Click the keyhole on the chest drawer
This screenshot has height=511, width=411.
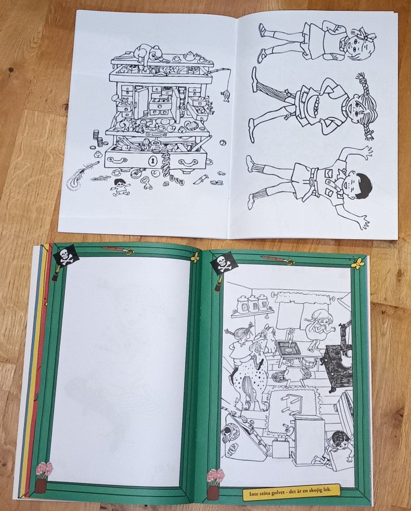[152, 161]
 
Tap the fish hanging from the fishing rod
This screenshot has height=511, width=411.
[226, 96]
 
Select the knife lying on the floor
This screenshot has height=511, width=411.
[201, 179]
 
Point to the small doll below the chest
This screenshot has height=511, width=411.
[120, 187]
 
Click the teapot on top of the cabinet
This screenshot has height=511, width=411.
[189, 57]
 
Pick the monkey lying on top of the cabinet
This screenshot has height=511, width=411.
[148, 52]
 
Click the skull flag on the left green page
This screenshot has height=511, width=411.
[66, 256]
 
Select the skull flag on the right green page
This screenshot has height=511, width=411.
[224, 263]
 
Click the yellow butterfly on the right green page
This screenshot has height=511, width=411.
[358, 263]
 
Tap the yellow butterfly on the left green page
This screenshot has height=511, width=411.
[195, 257]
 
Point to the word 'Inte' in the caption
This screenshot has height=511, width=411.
[255, 494]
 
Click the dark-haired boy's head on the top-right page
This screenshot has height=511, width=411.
[358, 186]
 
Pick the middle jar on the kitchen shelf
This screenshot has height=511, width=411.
[253, 304]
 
